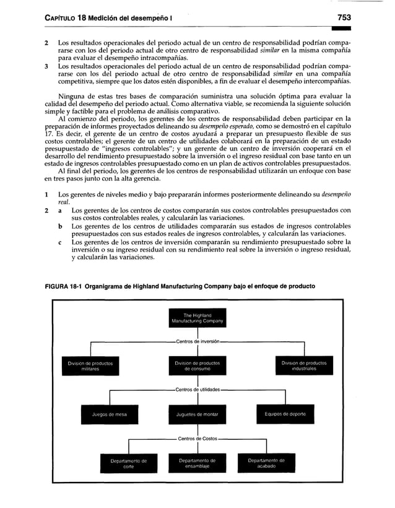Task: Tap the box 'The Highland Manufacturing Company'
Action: [x=197, y=318]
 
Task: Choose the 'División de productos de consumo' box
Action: [x=197, y=366]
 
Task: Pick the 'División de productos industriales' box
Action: [x=303, y=366]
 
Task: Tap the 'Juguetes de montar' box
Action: [x=197, y=414]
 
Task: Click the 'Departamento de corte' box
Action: [x=128, y=463]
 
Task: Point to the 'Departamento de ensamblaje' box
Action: [x=197, y=463]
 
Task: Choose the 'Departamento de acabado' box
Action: [x=266, y=463]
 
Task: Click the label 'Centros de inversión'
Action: [x=197, y=341]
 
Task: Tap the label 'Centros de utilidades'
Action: [x=197, y=390]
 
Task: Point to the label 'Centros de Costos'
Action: [x=197, y=439]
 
